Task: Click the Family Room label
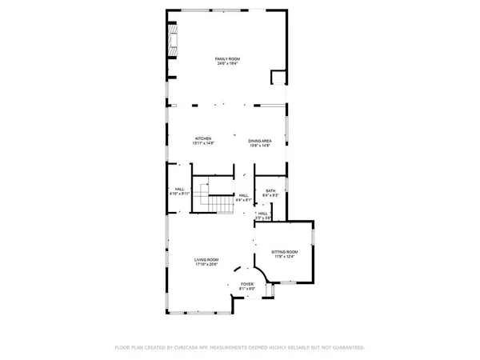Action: [228, 58]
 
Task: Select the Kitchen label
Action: [202, 138]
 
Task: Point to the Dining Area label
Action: [259, 138]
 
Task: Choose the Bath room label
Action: [270, 190]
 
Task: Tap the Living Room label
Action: [206, 259]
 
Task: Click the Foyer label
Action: [247, 284]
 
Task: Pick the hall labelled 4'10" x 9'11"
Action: [180, 190]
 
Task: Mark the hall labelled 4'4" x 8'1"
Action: [244, 194]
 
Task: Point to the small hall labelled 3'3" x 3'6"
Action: [263, 213]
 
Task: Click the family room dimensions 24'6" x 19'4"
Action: [228, 64]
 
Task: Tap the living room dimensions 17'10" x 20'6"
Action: [206, 265]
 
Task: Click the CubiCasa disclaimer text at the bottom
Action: [240, 348]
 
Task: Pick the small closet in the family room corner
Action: [278, 78]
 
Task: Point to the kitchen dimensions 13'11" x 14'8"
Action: [202, 144]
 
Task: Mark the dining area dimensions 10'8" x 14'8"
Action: [259, 144]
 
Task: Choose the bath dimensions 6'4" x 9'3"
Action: [270, 195]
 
